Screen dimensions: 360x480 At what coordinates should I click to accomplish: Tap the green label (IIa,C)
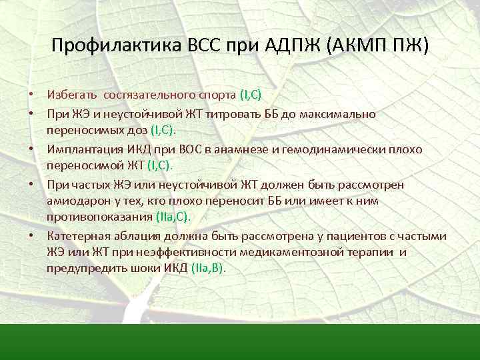(172, 216)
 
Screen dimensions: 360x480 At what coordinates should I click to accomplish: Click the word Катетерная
(77, 237)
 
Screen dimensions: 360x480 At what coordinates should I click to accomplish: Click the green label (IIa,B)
(208, 267)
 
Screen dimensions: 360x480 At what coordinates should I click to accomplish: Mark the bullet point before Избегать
(31, 96)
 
